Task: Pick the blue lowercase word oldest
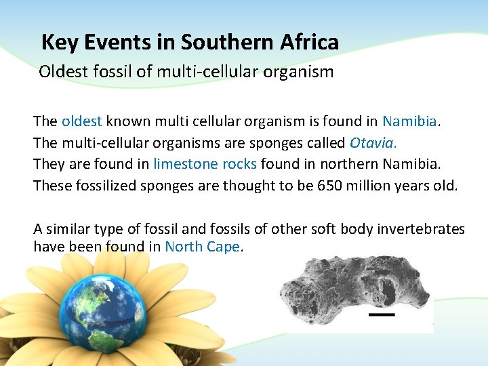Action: [81, 121]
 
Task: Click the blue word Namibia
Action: [409, 121]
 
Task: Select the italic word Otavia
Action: [373, 143]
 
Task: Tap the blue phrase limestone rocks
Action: [205, 164]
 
